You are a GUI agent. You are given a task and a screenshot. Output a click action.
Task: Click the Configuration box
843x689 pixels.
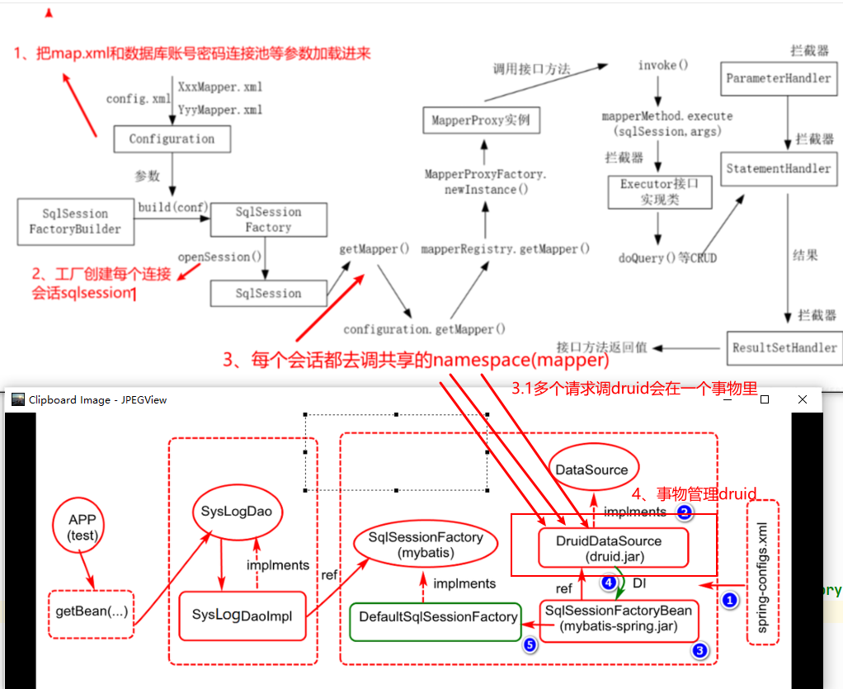pos(172,139)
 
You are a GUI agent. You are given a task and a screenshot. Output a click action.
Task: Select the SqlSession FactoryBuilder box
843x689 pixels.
pos(75,221)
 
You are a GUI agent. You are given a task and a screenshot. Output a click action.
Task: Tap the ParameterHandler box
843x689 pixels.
pos(778,78)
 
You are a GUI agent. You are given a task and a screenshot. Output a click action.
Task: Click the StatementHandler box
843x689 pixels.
pos(778,168)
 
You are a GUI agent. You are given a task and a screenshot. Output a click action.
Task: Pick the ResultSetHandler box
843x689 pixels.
pos(784,347)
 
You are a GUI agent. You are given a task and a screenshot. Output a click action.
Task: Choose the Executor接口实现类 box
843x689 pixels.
pos(658,191)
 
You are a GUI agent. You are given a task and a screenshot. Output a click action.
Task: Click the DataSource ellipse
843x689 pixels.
pos(591,470)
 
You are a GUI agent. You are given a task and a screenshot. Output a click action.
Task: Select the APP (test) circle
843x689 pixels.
pos(82,528)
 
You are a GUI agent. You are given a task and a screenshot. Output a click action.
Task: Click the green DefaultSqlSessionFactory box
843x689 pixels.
pos(438,616)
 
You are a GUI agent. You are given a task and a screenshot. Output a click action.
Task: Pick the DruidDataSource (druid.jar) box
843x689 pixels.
pos(612,549)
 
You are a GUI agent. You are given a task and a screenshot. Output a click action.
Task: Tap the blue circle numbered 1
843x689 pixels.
pos(729,601)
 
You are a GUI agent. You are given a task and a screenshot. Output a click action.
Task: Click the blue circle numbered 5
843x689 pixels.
pos(529,645)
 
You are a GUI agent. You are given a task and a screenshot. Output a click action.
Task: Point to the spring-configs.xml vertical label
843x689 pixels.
pos(762,571)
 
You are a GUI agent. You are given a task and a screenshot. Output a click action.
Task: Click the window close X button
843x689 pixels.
pos(802,399)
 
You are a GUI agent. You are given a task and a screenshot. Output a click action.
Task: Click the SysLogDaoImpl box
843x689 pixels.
pos(242,615)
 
